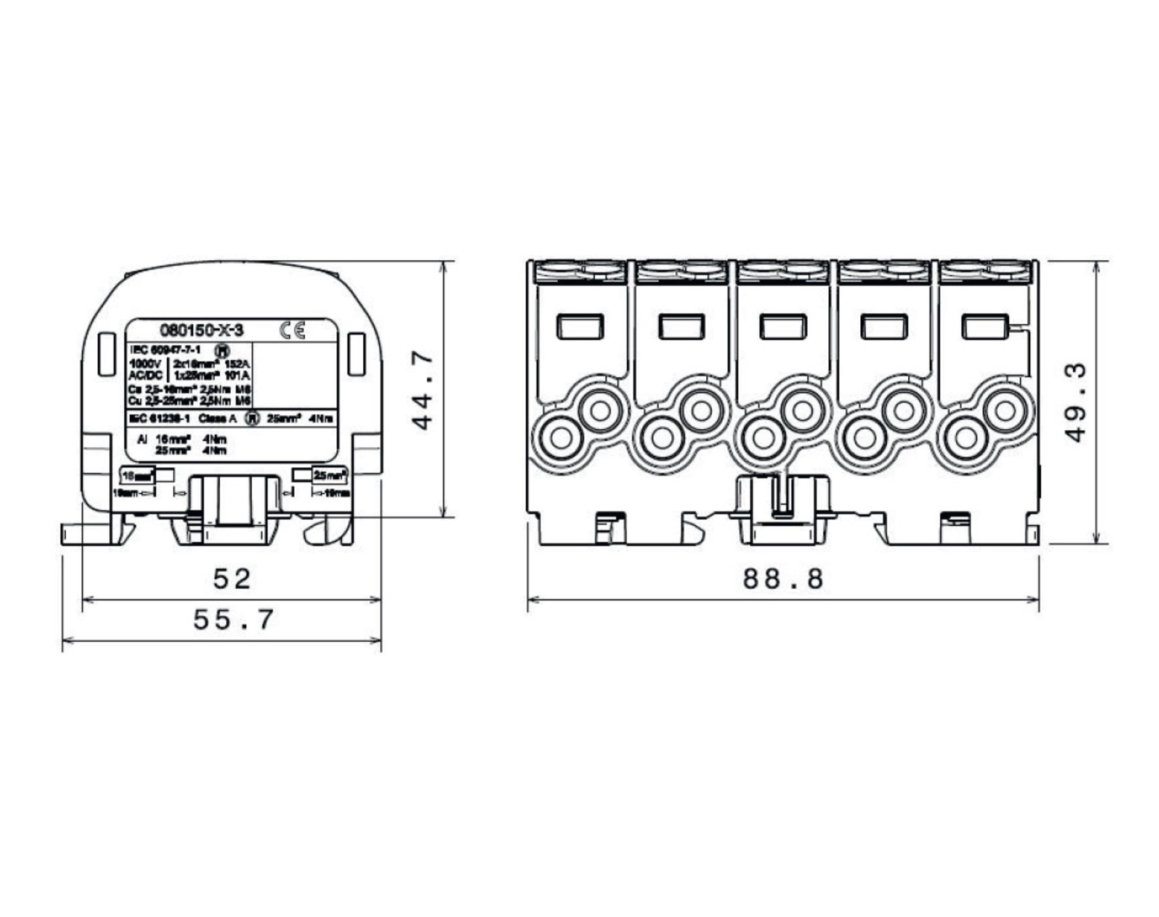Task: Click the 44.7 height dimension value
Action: coord(423,391)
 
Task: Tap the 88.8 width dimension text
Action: coord(783,579)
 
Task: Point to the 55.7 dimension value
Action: coord(233,620)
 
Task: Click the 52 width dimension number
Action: coord(232,580)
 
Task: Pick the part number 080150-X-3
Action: coord(202,330)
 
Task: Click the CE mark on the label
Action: coord(293,330)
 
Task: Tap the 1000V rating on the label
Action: coord(145,364)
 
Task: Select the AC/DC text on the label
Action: coord(145,375)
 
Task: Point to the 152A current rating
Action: coord(237,364)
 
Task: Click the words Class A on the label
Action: coord(217,418)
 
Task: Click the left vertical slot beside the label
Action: coord(107,354)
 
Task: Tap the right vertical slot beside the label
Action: coord(357,354)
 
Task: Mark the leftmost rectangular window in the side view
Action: coord(579,327)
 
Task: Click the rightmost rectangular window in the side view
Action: coord(985,327)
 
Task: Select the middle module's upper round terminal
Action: coord(802,411)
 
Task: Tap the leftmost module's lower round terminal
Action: coord(561,438)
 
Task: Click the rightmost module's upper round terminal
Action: coord(1004,411)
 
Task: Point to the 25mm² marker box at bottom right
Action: coord(330,476)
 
